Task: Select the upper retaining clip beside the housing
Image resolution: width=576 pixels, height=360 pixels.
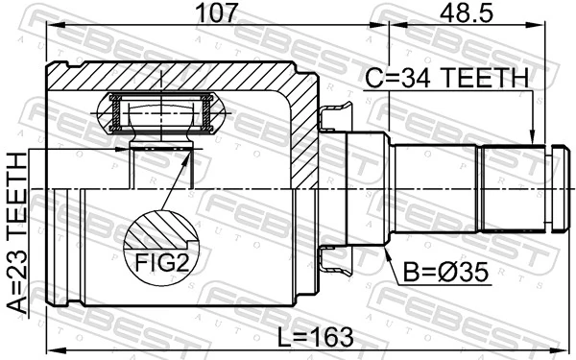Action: tap(331, 117)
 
